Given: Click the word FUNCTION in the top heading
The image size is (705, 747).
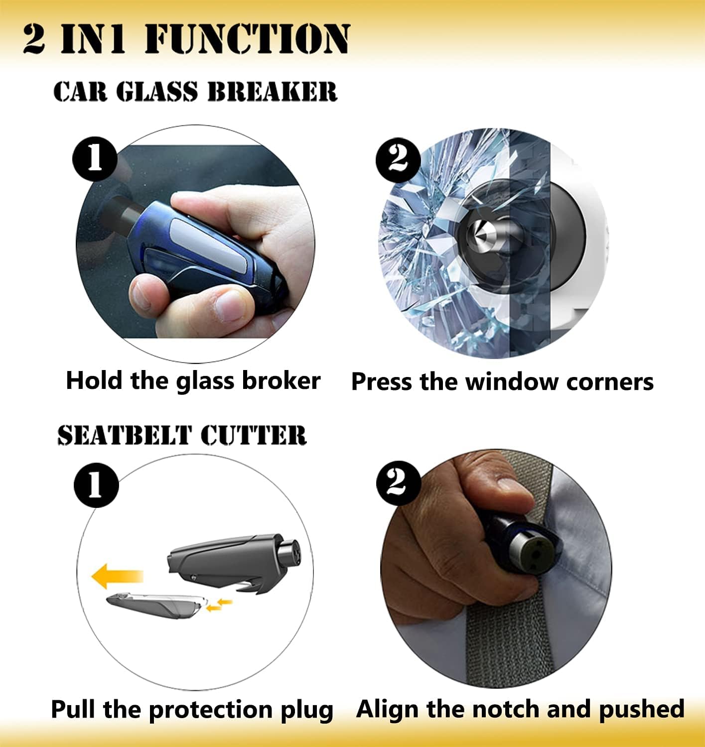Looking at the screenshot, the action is click(247, 39).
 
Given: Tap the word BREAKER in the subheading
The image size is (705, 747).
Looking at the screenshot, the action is click(272, 92).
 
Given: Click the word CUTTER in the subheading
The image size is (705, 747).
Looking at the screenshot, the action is click(253, 435).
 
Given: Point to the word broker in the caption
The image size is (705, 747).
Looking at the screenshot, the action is click(281, 380).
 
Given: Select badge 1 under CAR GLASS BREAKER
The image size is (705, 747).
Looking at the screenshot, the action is click(95, 159).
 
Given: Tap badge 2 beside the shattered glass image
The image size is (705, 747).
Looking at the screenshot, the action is click(398, 160).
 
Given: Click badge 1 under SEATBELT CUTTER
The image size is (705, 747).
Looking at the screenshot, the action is click(96, 485).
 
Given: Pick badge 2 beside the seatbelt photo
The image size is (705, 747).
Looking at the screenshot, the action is click(398, 483).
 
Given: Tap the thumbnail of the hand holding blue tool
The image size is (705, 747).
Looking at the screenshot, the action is click(195, 244).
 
